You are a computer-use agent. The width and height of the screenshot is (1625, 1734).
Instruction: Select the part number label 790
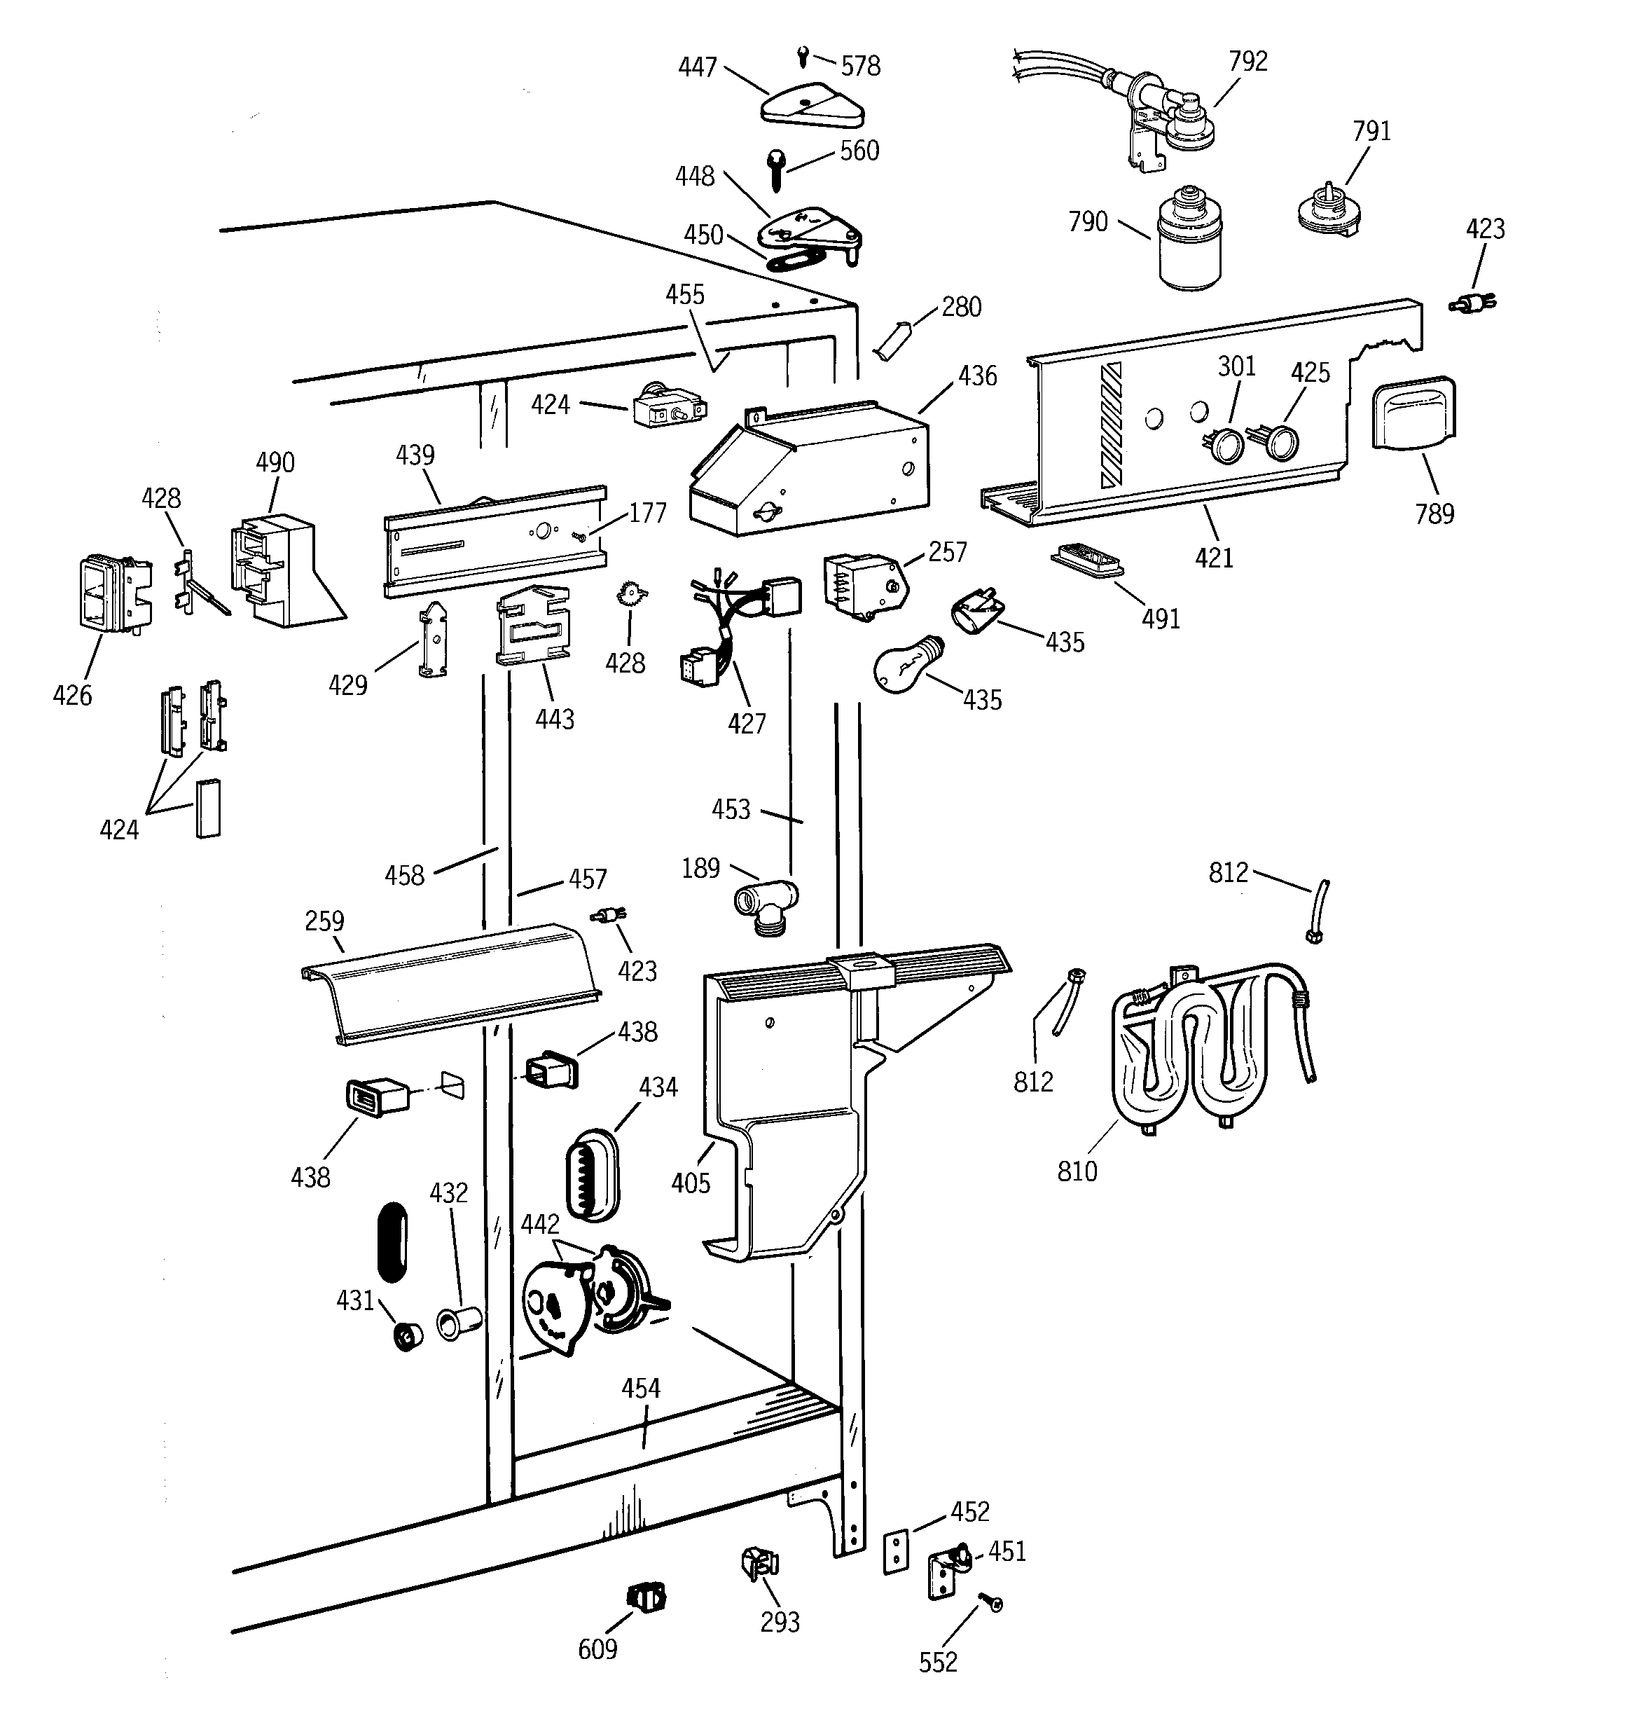(x=1088, y=221)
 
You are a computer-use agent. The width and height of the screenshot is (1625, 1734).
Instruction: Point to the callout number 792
(x=1247, y=61)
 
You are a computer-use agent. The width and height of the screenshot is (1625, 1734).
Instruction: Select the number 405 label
(x=691, y=1183)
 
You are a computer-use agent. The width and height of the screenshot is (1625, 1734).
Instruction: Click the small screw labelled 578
(x=803, y=57)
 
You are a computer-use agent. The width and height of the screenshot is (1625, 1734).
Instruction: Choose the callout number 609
(x=597, y=1649)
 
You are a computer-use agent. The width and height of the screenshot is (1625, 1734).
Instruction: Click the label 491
(x=1160, y=619)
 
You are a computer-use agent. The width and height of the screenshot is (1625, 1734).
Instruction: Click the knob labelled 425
(x=1280, y=442)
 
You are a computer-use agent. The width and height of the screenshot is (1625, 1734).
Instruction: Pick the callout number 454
(x=640, y=1388)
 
